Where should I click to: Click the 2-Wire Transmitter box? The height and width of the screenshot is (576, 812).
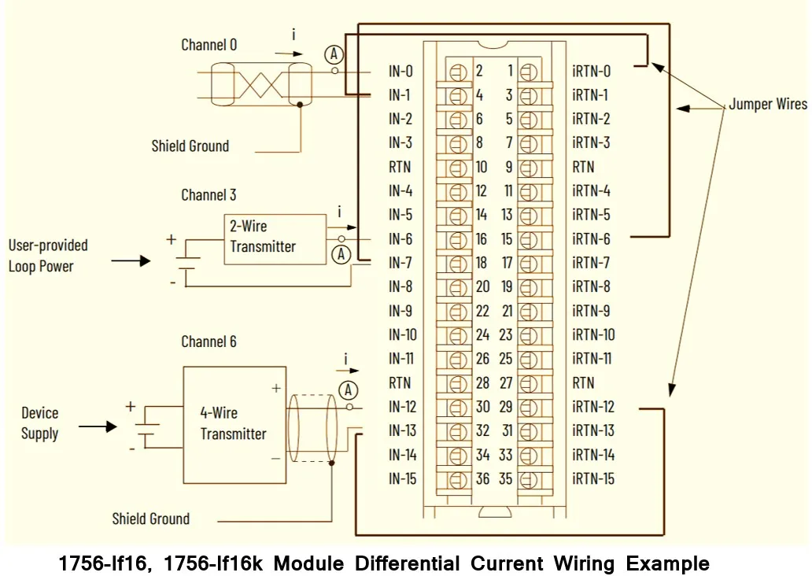pos(274,238)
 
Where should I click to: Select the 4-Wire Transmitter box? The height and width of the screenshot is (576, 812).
pos(234,424)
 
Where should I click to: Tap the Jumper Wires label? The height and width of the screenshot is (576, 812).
pos(767,105)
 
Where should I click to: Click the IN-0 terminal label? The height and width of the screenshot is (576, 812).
pos(400,72)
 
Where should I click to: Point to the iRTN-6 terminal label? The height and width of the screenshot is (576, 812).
pos(591,239)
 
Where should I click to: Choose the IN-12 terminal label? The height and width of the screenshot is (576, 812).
pos(402,407)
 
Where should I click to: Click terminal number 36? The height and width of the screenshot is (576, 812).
pos(482,479)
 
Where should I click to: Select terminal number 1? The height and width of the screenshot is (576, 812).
pos(510,72)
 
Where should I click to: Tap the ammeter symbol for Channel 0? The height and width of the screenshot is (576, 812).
pos(334,54)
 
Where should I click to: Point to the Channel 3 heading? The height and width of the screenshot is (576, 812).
pos(209,195)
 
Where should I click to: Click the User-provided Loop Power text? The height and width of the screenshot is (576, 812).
pos(48,256)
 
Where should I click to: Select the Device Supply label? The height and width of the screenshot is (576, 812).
pos(39,423)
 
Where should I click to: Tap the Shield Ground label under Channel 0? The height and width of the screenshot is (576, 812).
pos(190,146)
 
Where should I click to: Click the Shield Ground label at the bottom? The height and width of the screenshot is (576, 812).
pos(150,519)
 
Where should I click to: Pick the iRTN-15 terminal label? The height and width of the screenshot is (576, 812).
pos(593,479)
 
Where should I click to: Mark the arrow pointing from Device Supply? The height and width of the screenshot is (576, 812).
pos(98,426)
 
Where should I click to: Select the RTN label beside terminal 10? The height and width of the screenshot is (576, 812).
pos(400,168)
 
